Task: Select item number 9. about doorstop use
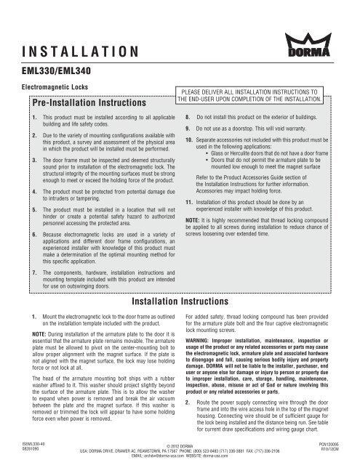(x=188, y=128)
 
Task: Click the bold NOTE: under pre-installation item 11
(x=193, y=220)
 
